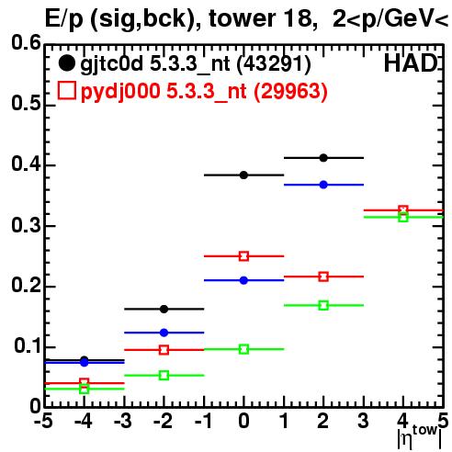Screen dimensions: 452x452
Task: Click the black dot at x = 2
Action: click(323, 158)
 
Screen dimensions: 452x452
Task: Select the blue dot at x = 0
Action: click(243, 280)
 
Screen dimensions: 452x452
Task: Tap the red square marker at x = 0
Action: click(243, 256)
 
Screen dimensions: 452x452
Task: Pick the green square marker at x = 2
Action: click(323, 305)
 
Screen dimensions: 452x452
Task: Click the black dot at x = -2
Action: click(164, 309)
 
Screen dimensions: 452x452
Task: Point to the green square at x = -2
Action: click(164, 376)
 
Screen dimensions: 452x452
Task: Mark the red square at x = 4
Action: click(403, 210)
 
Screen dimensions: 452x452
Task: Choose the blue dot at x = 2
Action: click(323, 185)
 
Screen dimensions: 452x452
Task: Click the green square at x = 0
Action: click(243, 349)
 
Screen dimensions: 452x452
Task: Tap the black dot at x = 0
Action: click(243, 175)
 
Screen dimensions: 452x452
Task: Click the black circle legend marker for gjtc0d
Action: click(67, 63)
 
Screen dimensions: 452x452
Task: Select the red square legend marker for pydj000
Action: click(67, 90)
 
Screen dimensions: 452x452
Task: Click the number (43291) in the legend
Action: click(274, 64)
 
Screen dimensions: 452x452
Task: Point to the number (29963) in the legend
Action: click(290, 91)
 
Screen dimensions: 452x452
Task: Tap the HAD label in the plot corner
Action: click(412, 63)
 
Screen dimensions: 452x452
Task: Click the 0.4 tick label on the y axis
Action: click(26, 164)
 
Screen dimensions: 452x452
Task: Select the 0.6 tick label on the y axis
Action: click(26, 42)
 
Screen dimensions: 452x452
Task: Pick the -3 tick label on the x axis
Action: click(123, 421)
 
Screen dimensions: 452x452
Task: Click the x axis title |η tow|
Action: click(420, 437)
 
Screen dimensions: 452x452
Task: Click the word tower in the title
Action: click(242, 18)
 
